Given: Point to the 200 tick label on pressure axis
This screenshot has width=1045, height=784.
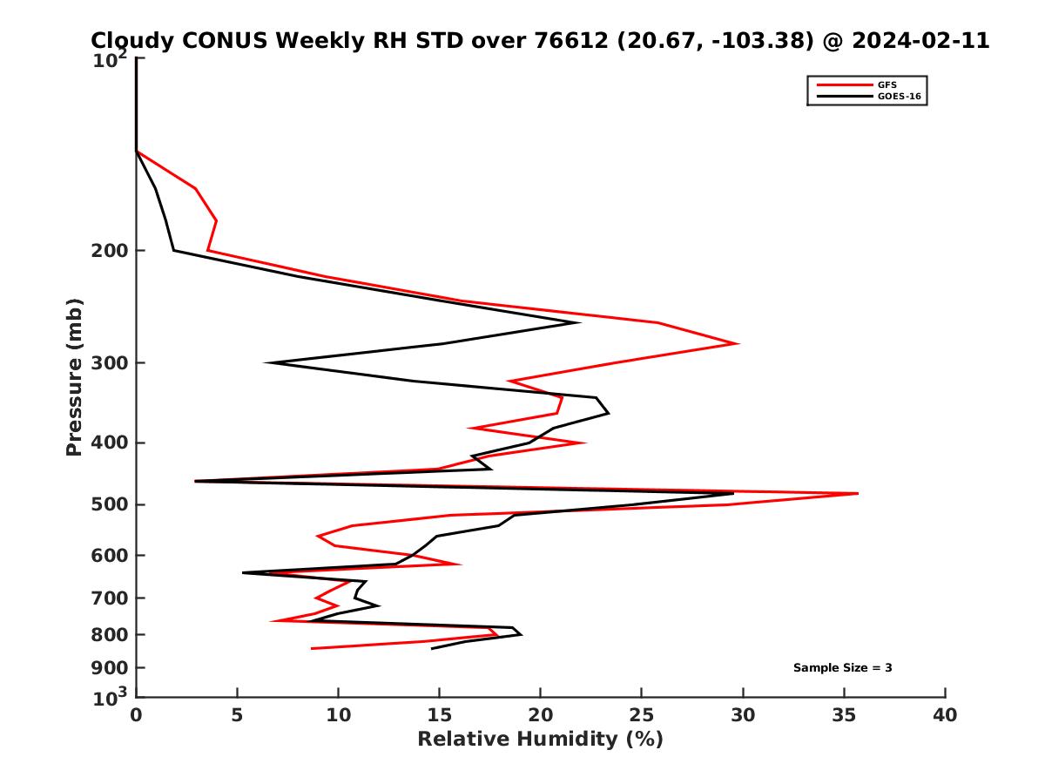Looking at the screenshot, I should (x=112, y=251).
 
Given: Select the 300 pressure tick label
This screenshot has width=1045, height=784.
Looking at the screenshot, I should (x=112, y=363).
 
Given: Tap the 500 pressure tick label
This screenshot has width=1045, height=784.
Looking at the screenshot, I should (x=112, y=505).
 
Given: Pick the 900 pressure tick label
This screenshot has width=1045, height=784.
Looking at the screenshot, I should (x=112, y=668).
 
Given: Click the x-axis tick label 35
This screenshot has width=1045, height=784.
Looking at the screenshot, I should (x=845, y=716).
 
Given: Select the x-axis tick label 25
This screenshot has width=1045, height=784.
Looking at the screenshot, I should (x=642, y=716).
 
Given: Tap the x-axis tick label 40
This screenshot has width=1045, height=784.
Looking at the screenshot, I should (x=946, y=716).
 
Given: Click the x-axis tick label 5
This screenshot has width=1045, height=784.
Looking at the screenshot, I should (x=238, y=716).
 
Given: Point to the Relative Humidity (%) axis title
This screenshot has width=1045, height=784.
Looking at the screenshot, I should (x=540, y=740).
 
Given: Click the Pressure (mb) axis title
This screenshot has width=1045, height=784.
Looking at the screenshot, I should (x=74, y=376).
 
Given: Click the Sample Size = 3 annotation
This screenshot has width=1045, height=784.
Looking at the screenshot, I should (x=842, y=668).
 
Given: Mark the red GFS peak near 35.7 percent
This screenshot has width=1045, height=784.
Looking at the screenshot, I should (x=858, y=493).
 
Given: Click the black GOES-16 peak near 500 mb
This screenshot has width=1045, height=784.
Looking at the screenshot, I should (x=733, y=493).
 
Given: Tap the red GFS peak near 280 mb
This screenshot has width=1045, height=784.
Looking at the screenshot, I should (x=738, y=343).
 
